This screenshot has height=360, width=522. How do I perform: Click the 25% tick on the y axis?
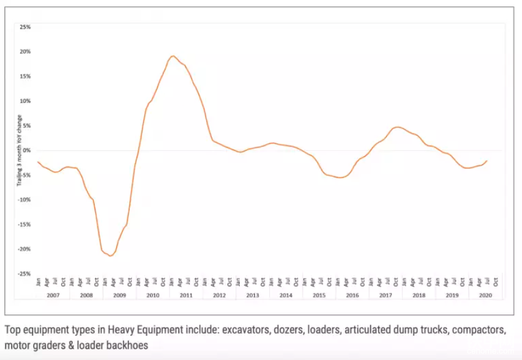[26, 27]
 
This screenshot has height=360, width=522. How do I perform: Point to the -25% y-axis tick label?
[24, 273]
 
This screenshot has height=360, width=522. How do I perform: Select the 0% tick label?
[27, 150]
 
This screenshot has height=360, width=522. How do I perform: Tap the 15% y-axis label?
[26, 76]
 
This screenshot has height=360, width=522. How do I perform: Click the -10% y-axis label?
[24, 199]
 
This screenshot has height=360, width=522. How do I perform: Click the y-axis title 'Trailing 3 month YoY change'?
[19, 150]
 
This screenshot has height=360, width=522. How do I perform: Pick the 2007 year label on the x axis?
[53, 295]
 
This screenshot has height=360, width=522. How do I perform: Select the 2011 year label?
[186, 295]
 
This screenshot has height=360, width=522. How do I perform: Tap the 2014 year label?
[286, 295]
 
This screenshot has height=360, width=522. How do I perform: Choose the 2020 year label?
[485, 295]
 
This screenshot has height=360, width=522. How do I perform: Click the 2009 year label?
[120, 295]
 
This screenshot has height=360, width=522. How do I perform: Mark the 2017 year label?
[386, 295]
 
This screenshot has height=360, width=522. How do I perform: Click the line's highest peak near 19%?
[173, 56]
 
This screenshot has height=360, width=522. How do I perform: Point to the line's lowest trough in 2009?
[110, 256]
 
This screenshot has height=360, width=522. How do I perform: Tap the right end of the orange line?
[486, 161]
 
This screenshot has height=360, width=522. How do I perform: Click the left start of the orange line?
[38, 162]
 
